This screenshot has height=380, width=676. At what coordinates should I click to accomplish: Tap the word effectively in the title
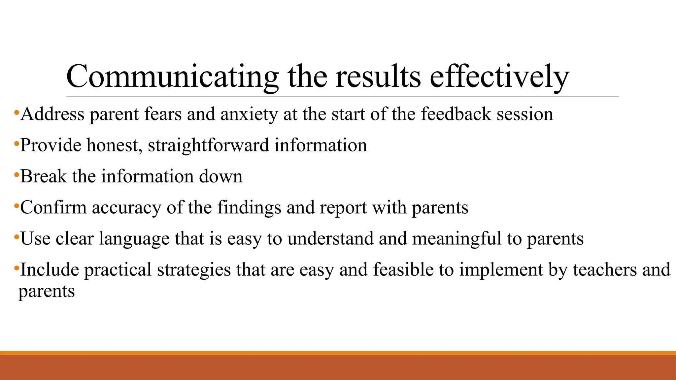(499, 77)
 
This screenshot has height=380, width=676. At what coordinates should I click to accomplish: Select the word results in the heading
(378, 77)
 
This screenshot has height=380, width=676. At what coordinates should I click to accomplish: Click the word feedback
(456, 114)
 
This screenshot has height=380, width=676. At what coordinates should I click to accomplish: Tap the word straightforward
(208, 145)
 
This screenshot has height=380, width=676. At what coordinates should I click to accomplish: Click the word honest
(114, 145)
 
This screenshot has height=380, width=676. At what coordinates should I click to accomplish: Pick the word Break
(43, 176)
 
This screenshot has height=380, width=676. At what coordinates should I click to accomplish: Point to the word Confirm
(53, 207)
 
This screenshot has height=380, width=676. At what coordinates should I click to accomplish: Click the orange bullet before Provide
(16, 144)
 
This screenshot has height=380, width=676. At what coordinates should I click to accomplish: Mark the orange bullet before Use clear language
(16, 237)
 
